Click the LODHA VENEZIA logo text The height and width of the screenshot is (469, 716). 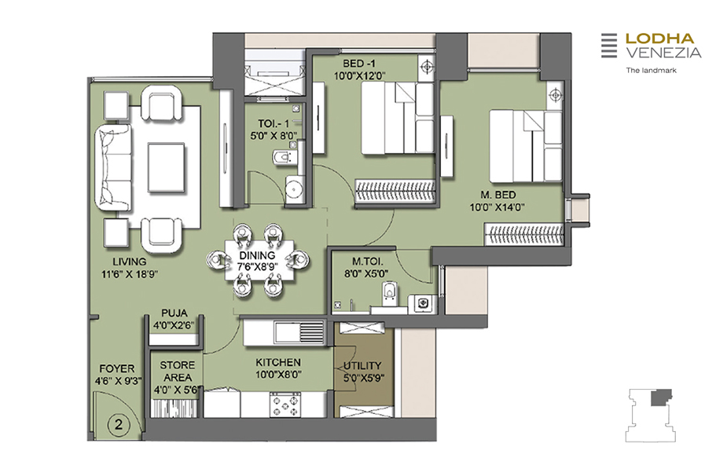coord(663,46)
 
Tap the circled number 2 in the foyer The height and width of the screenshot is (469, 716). coord(119,425)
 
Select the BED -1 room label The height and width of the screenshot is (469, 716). coord(359,64)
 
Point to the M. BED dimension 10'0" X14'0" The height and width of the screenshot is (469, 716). coord(497,207)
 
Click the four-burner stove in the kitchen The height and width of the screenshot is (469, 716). coord(285,405)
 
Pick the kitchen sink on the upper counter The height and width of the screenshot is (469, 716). coord(299,332)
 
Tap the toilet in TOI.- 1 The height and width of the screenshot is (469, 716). coord(285,157)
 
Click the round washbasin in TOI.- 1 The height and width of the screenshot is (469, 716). coord(295,189)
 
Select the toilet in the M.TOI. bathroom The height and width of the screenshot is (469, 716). coord(390,292)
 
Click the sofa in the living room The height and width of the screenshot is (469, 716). coord(114,168)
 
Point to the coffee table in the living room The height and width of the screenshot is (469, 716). coord(166,167)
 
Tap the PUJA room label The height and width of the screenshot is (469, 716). coord(174,313)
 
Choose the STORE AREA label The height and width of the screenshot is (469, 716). coord(177,372)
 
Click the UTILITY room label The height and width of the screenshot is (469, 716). coord(362,365)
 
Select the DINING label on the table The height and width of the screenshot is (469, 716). coord(257,255)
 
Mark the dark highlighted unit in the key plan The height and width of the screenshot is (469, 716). coord(661,398)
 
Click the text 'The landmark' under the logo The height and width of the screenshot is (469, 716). coord(651,70)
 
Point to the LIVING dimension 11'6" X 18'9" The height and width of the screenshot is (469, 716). coord(130,274)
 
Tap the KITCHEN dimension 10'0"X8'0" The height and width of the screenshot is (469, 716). coord(278,375)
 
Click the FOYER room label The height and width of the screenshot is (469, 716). coord(117,368)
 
